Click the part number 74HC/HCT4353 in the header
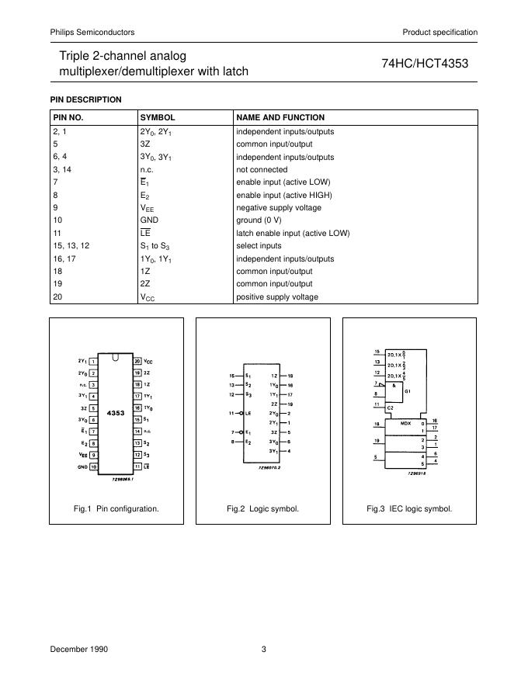(x=425, y=64)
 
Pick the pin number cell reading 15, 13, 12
(x=71, y=246)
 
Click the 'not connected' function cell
(x=262, y=170)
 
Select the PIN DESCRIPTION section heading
(x=86, y=99)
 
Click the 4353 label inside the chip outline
(x=116, y=414)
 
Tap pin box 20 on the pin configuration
(x=137, y=362)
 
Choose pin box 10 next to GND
(x=93, y=468)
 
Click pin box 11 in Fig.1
(x=137, y=468)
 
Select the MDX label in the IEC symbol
(x=405, y=425)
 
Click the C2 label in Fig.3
(x=391, y=407)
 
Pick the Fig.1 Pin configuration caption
(x=116, y=509)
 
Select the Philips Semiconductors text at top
(x=92, y=32)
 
